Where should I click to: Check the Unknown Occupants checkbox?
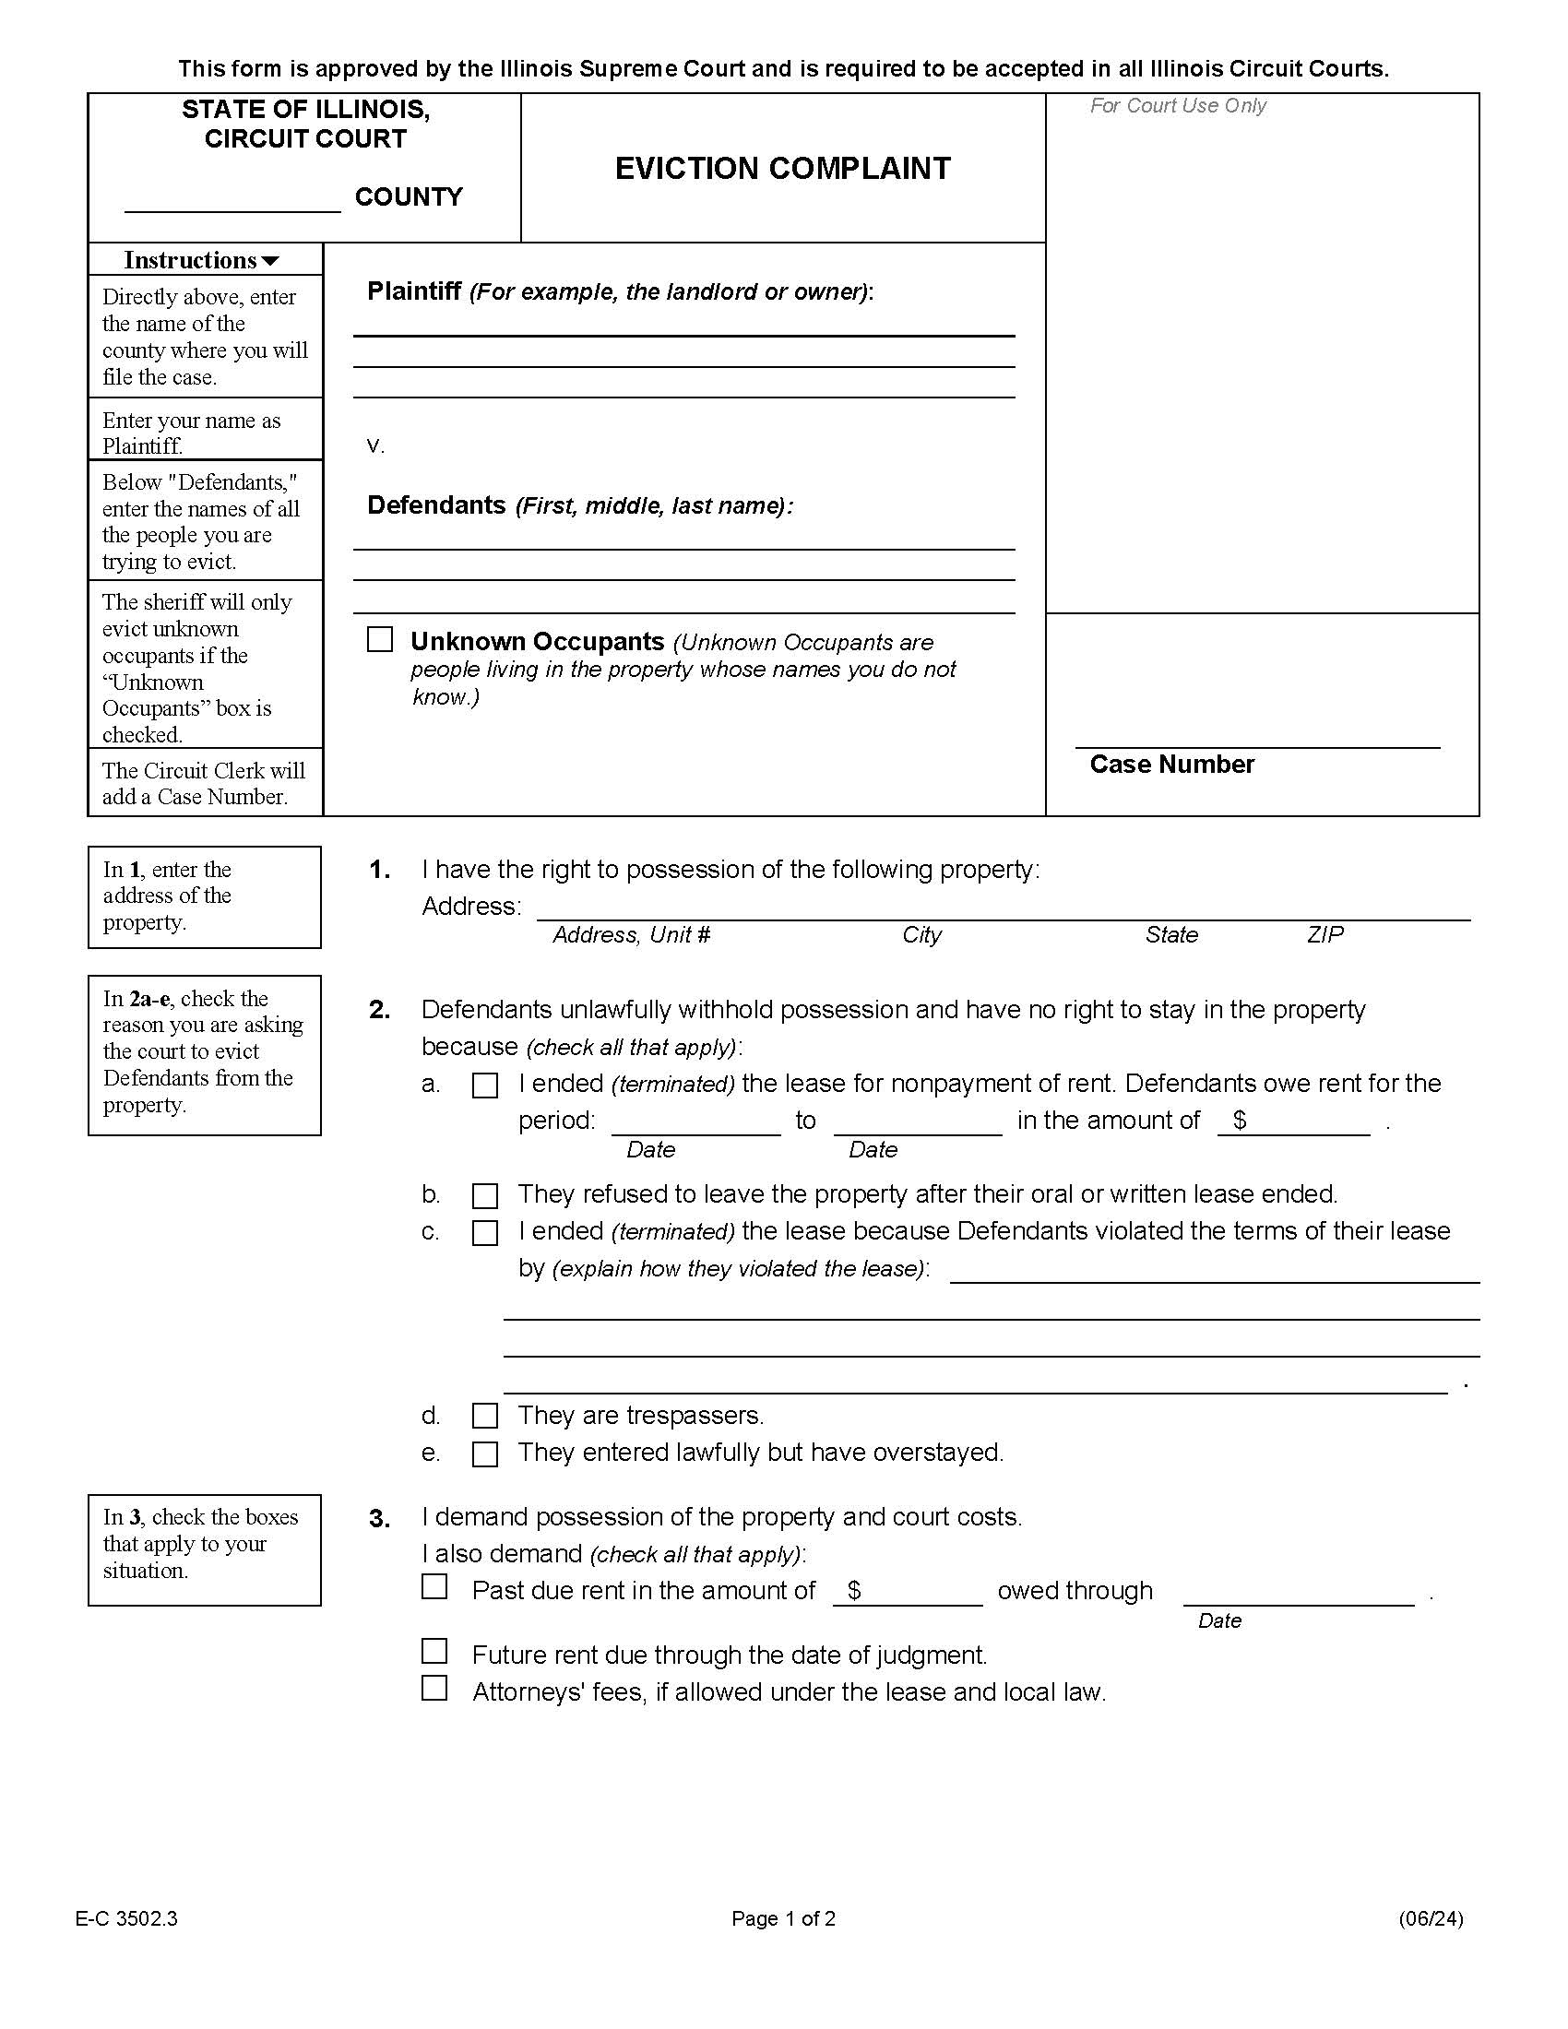(x=380, y=639)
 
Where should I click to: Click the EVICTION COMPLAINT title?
(x=782, y=168)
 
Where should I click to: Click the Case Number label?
(x=1171, y=764)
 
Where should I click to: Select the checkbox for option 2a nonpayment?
(x=485, y=1086)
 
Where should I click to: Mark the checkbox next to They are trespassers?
(x=485, y=1416)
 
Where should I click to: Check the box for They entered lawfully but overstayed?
(x=485, y=1453)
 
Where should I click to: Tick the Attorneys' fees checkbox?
(x=434, y=1687)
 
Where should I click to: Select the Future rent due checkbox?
(x=434, y=1651)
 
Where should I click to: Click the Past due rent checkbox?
(x=434, y=1586)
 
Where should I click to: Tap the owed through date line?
(x=1298, y=1593)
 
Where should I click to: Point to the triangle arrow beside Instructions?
(x=270, y=261)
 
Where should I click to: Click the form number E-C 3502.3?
(x=126, y=1918)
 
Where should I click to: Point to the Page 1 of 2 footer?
(x=783, y=1918)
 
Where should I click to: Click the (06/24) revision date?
(x=1431, y=1918)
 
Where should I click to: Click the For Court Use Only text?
(x=1177, y=106)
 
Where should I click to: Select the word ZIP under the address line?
(x=1324, y=934)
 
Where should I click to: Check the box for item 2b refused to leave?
(x=485, y=1194)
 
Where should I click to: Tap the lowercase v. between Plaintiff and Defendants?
(x=375, y=446)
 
